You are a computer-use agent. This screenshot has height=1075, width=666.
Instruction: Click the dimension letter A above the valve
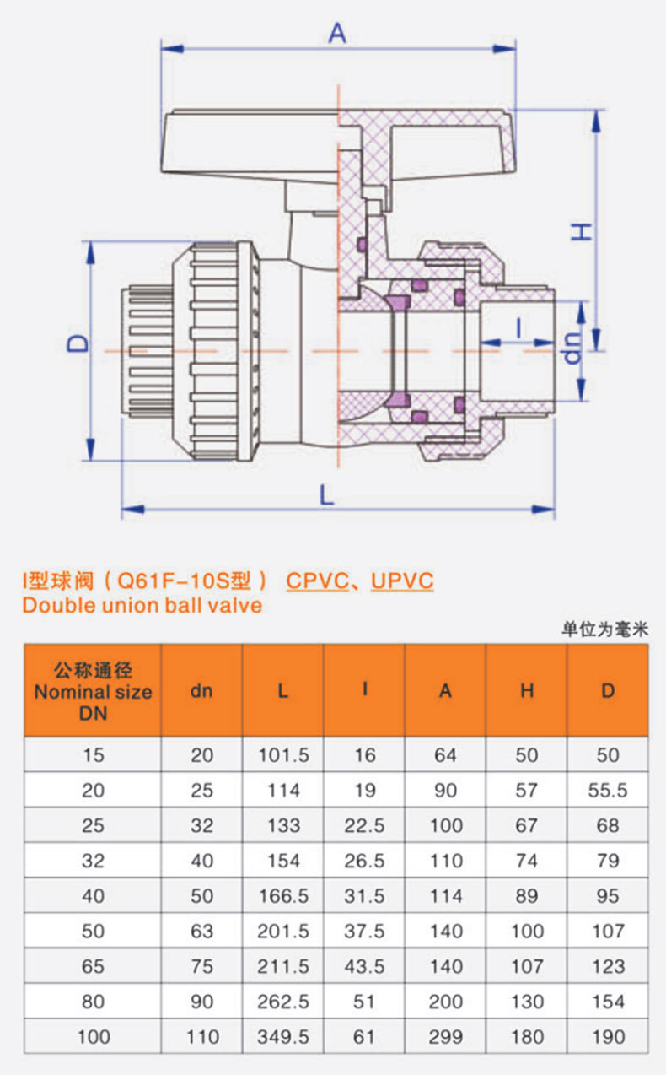pos(337,34)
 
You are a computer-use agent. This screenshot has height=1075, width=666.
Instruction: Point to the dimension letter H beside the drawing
pos(581,232)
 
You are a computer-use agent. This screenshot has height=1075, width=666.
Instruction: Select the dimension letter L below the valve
pos(326,494)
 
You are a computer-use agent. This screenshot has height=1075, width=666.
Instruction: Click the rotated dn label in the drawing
pos(572,348)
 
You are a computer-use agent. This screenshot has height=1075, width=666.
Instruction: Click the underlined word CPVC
pos(318,581)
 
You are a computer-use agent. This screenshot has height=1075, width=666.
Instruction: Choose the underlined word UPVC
pos(402,581)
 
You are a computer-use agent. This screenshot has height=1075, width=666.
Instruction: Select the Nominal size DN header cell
pos(93,690)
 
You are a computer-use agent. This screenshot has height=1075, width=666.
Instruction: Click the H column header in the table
pos(527,690)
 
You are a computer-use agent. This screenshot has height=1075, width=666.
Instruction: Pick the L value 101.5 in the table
pos(283,755)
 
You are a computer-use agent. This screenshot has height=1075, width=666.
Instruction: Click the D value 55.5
pos(608,791)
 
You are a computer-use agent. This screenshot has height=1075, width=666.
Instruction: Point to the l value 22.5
pos(364,825)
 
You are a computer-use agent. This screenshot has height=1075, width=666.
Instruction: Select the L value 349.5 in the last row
pos(283,1037)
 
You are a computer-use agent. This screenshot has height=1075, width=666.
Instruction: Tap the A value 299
pos(446,1037)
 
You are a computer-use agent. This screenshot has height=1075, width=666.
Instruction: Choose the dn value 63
pos(201,932)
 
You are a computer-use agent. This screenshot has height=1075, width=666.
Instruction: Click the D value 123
pos(609,966)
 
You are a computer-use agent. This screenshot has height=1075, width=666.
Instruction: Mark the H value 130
pos(527,1002)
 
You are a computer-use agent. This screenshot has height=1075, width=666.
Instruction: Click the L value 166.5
pos(283,896)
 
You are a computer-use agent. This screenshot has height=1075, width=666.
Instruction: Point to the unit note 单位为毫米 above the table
pos(605,629)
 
